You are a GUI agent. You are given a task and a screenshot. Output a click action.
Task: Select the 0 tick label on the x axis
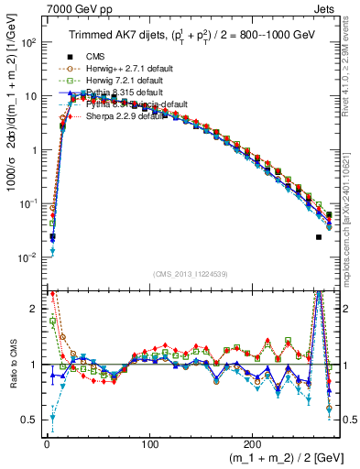[x=46, y=443]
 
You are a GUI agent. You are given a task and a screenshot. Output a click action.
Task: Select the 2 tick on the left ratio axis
[x=33, y=309]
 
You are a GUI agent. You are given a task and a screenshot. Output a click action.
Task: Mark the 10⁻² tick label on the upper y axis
[x=26, y=256]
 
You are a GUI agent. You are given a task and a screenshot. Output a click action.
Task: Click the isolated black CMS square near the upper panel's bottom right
[x=319, y=237]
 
